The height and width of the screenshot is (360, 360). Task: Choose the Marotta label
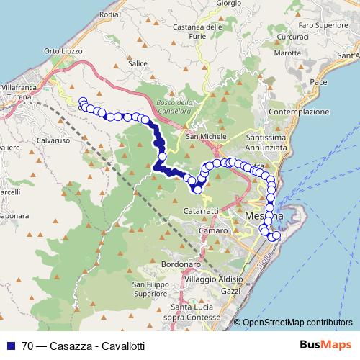(287, 53)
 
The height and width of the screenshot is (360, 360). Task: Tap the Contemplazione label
(299, 112)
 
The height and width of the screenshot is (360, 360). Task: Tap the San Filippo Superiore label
(150, 289)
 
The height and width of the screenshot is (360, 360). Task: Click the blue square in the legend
(10, 346)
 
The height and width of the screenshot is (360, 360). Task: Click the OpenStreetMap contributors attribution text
(297, 322)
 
